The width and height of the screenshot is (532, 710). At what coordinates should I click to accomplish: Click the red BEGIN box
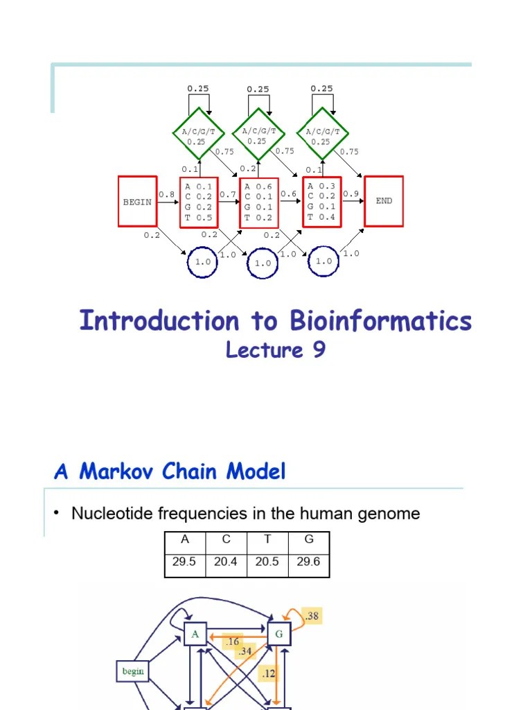[x=137, y=201]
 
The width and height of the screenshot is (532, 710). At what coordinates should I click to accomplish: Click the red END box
[x=384, y=201]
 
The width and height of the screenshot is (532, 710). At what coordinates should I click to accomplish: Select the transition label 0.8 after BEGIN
[x=166, y=195]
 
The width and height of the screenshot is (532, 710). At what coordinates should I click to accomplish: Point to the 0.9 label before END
[x=351, y=194]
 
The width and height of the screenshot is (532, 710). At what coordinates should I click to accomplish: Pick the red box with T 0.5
[x=199, y=201]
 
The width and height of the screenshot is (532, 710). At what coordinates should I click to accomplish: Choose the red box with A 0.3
[x=321, y=201]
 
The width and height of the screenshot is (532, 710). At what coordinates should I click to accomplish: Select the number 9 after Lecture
[x=318, y=350]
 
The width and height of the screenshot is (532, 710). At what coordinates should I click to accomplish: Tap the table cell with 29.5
[x=185, y=562]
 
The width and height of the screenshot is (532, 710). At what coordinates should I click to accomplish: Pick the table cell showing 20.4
[x=226, y=562]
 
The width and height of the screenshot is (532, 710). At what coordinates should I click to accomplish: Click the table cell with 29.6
[x=308, y=562]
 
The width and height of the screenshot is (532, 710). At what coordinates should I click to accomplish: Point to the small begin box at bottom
[x=133, y=671]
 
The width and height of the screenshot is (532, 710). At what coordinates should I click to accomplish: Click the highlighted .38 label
[x=312, y=615]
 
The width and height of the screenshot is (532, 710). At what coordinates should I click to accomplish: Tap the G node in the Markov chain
[x=278, y=634]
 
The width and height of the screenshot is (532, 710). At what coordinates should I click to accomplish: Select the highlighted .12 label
[x=269, y=673]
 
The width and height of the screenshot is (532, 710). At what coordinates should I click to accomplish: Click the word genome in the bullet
[x=387, y=514]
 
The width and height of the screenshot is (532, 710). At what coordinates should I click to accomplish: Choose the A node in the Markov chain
[x=196, y=634]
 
